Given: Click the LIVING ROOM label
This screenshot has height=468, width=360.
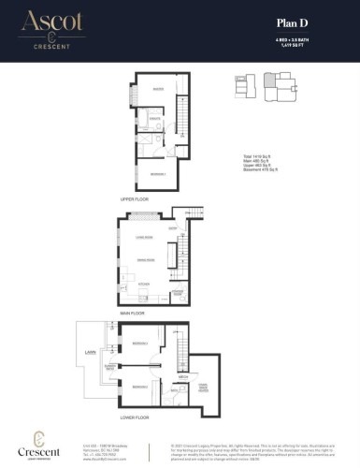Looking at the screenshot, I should [142, 240].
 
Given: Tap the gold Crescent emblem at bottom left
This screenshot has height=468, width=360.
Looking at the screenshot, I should [38, 438].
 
